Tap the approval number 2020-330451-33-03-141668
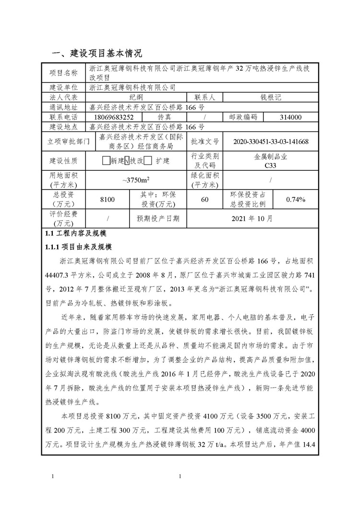271,142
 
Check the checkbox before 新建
106,161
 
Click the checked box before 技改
127,161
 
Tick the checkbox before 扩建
148,161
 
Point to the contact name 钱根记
271,97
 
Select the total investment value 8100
108,200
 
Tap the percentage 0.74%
295,200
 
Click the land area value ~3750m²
135,180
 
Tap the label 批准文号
204,142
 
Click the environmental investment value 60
205,200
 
